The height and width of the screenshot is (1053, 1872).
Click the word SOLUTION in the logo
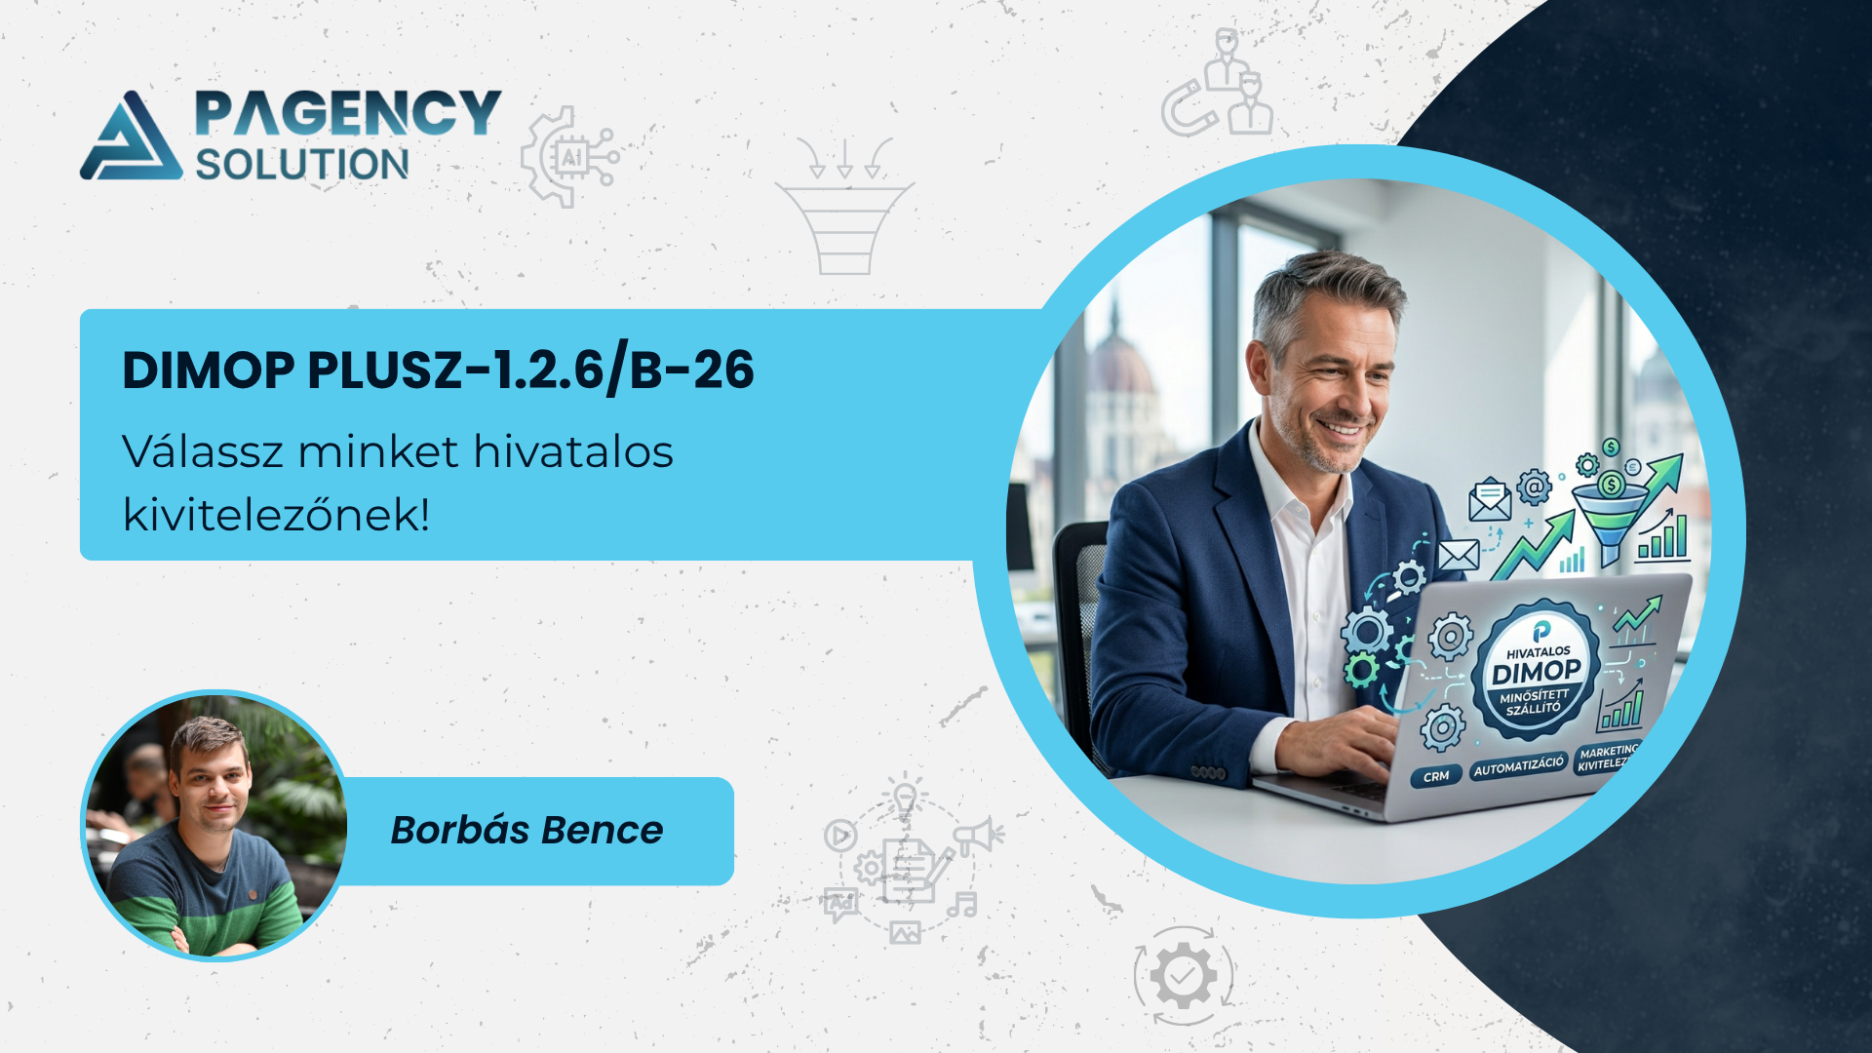(x=302, y=165)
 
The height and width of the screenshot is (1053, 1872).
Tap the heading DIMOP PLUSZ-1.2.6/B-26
(x=438, y=370)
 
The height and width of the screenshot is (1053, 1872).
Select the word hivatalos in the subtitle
(x=573, y=451)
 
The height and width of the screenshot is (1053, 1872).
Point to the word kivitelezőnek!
(x=276, y=514)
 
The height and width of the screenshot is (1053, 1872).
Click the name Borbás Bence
(x=526, y=830)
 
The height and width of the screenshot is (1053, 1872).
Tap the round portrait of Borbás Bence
(x=214, y=826)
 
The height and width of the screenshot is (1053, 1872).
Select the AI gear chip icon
(x=569, y=157)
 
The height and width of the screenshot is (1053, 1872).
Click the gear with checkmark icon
(x=1183, y=975)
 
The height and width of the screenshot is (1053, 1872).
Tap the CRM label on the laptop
(x=1436, y=777)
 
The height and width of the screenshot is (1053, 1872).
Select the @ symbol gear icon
(x=1534, y=486)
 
